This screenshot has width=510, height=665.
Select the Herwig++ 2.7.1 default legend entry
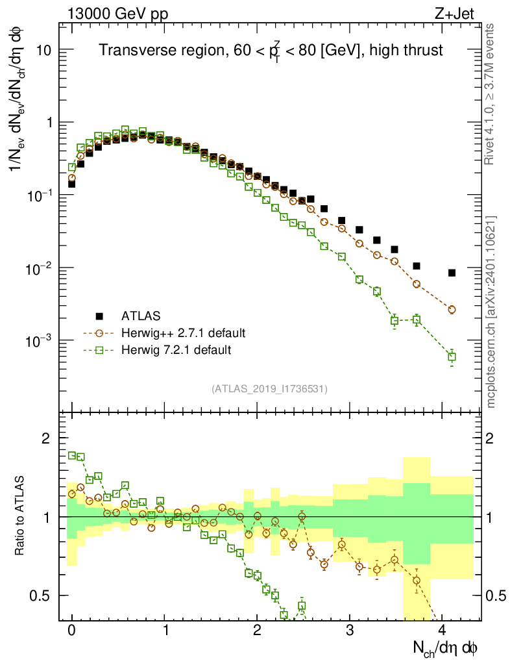click(x=183, y=333)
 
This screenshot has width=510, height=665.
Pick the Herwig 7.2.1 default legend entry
click(x=176, y=350)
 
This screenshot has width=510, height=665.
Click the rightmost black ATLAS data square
click(x=452, y=273)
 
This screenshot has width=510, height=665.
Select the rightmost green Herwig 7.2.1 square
click(x=452, y=357)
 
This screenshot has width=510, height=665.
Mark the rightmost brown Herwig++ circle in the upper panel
click(x=452, y=310)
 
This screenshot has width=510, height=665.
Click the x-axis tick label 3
click(x=350, y=631)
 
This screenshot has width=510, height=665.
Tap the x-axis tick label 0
click(x=72, y=631)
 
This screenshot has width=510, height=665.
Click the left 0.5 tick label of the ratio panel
click(x=40, y=596)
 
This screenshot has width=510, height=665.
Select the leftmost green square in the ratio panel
click(x=72, y=455)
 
